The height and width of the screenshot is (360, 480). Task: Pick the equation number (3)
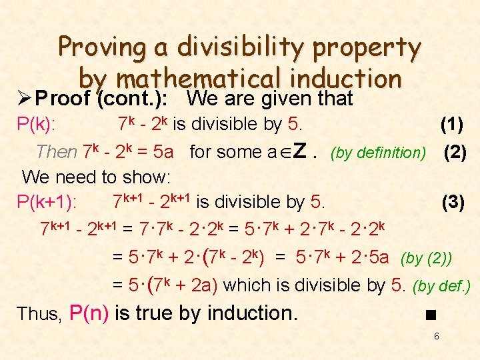pos(453,202)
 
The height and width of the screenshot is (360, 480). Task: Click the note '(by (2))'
pos(426,258)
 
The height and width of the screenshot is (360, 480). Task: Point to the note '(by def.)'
pos(442,287)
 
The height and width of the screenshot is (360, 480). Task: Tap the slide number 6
pos(436,336)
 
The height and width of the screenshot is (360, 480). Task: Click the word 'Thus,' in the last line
pos(39,313)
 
